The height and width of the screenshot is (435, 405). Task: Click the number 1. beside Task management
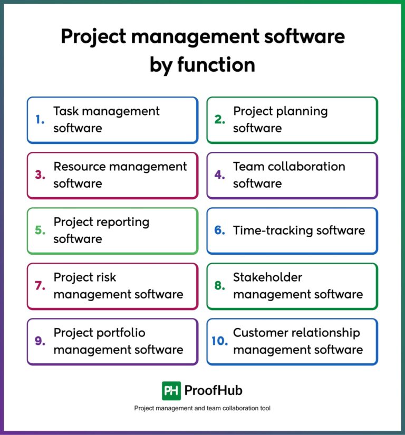pyautogui.click(x=40, y=120)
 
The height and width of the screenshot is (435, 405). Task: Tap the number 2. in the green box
pyautogui.click(x=219, y=120)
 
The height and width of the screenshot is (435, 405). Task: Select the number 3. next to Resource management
pyautogui.click(x=40, y=175)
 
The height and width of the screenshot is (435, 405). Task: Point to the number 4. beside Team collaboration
pyautogui.click(x=220, y=175)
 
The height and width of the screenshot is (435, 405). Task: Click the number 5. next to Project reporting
pyautogui.click(x=40, y=230)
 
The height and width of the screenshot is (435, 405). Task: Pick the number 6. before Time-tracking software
pyautogui.click(x=220, y=230)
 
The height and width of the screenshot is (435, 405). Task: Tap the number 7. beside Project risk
pyautogui.click(x=40, y=286)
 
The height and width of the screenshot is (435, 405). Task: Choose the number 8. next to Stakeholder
pyautogui.click(x=220, y=286)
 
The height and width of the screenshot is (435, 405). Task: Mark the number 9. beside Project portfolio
pyautogui.click(x=40, y=341)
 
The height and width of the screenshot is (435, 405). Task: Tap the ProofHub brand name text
pyautogui.click(x=214, y=391)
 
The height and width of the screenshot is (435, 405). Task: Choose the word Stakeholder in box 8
pyautogui.click(x=267, y=277)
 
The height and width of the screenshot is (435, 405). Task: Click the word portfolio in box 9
pyautogui.click(x=121, y=333)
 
